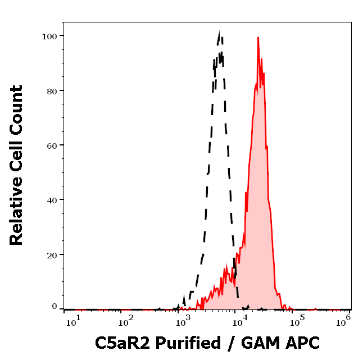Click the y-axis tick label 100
49,36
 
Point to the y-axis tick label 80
52,90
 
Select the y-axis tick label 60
52,145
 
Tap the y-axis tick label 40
52,199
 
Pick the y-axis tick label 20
52,254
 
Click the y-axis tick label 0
55,307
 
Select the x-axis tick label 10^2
126,321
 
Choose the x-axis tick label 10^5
297,321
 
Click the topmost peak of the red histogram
258,38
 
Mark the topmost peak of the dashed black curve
220,33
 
